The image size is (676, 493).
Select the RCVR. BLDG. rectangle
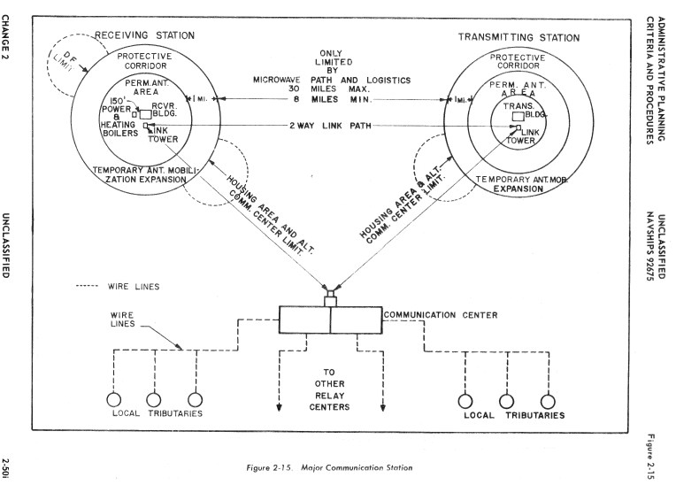click(147, 114)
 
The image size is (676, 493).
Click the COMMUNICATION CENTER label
click(439, 313)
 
